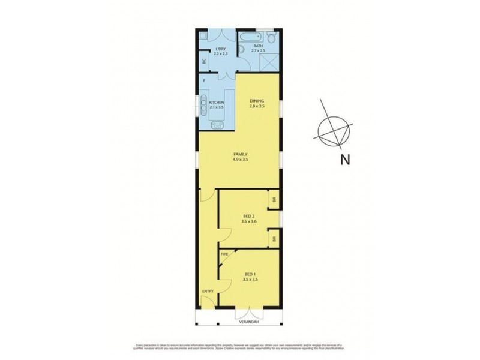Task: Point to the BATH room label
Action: (258, 46)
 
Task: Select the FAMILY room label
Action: (241, 155)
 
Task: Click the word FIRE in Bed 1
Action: (225, 255)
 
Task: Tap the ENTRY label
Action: (208, 292)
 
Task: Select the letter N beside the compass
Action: (344, 160)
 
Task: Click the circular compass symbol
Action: (331, 128)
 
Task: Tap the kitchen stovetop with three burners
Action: (204, 106)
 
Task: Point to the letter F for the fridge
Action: (205, 80)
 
